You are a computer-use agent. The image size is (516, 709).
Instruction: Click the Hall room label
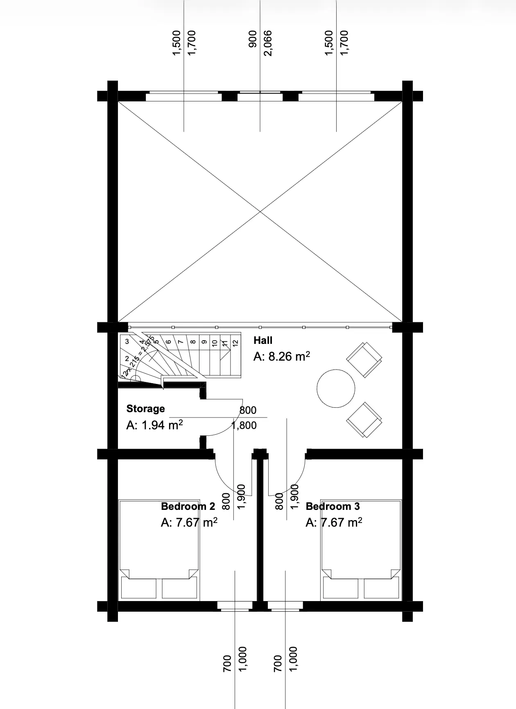pyautogui.click(x=263, y=340)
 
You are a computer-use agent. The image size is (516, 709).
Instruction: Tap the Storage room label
pyautogui.click(x=145, y=408)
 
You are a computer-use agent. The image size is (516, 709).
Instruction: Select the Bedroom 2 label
pyautogui.click(x=188, y=506)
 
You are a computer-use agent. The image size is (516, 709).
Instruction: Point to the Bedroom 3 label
pyautogui.click(x=333, y=506)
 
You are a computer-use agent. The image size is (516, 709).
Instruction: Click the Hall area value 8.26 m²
pyautogui.click(x=282, y=356)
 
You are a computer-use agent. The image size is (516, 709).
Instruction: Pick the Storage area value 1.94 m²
pyautogui.click(x=154, y=425)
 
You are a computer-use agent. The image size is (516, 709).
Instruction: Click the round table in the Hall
pyautogui.click(x=336, y=388)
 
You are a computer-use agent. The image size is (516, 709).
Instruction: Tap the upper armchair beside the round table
pyautogui.click(x=364, y=360)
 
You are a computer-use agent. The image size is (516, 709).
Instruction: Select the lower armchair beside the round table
pyautogui.click(x=364, y=420)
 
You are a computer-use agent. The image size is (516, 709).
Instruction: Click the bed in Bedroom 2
pyautogui.click(x=159, y=550)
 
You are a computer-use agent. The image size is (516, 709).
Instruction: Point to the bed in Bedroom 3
pyautogui.click(x=360, y=550)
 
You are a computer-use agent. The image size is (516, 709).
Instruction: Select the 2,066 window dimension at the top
pyautogui.click(x=268, y=43)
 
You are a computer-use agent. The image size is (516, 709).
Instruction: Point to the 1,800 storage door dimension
pyautogui.click(x=244, y=426)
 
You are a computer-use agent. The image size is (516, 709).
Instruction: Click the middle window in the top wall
pyautogui.click(x=260, y=97)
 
